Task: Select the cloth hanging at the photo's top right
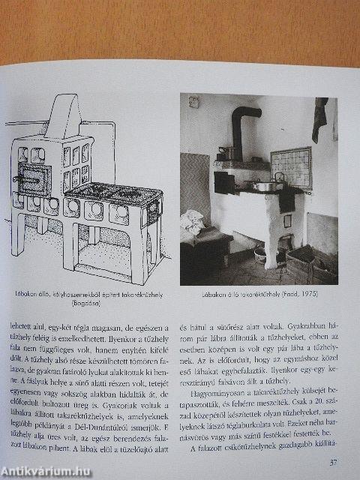point(320,118)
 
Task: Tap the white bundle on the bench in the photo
point(193,223)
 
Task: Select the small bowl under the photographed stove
point(260,255)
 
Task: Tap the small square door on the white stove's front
point(286,220)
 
